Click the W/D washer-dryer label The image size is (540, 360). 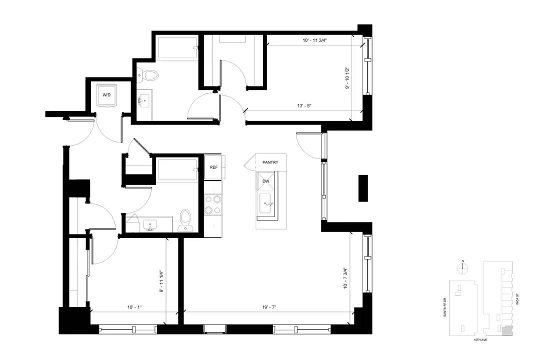(106, 94)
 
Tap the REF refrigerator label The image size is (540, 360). (213, 167)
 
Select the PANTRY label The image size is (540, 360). (270, 162)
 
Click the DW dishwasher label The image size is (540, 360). (265, 181)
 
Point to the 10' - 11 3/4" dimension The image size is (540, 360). (315, 40)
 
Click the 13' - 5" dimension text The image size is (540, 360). (304, 106)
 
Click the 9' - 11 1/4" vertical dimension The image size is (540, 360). (161, 281)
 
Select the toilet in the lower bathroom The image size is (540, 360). (186, 220)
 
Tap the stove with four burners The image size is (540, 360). (213, 204)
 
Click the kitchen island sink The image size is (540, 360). (266, 203)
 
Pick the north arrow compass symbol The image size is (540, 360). (463, 267)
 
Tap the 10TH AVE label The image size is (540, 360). (480, 339)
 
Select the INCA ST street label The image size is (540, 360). (517, 298)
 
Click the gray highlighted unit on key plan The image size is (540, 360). (507, 330)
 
